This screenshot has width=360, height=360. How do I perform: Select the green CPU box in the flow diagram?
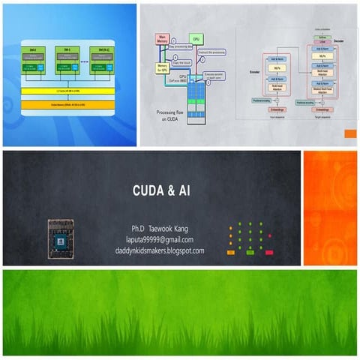point(196,38)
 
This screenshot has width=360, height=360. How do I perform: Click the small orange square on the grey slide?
point(349,133)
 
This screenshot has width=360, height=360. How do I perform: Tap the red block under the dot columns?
point(269,253)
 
